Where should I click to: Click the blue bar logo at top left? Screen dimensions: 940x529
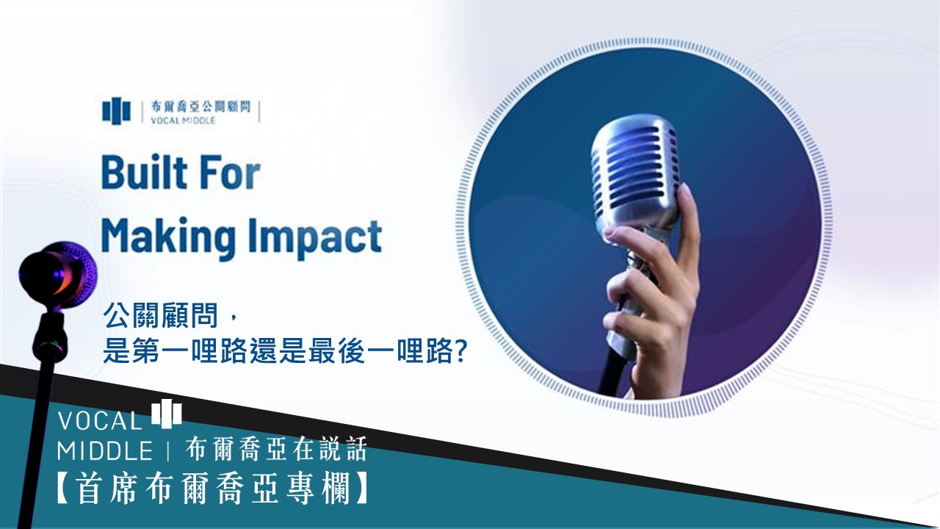pos(116,111)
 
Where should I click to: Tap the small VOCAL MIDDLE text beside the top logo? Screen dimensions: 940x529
pos(184,120)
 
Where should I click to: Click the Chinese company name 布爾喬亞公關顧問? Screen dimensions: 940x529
pos(200,107)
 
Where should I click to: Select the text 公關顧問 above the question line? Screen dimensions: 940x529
pos(161,316)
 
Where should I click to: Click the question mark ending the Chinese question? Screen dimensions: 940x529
pos(460,351)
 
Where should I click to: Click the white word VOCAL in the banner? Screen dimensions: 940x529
pos(99,421)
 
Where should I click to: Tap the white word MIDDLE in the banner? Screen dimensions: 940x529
pos(105,451)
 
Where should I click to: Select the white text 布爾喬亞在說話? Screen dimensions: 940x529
pos(276,449)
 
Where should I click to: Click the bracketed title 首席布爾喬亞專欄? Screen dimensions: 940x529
pos(213,489)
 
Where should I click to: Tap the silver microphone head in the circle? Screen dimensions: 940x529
pos(634,172)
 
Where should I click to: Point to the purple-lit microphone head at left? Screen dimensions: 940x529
pos(58,273)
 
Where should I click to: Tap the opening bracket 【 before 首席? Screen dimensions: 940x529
pos(65,489)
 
